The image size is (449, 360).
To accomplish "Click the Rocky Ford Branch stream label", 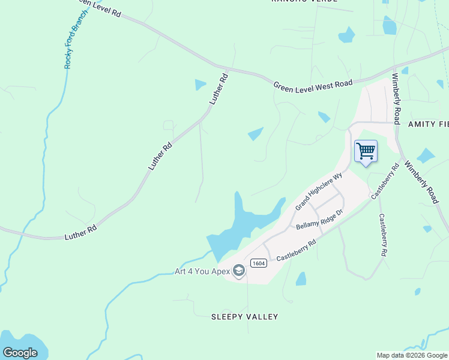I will [76, 39].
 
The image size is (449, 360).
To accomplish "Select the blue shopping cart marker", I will [366, 151].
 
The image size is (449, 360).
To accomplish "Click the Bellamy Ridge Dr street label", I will [319, 220].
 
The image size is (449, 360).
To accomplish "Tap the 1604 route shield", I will [259, 263].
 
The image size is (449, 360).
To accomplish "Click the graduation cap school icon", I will [239, 271].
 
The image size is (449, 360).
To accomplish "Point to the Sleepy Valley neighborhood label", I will [245, 316].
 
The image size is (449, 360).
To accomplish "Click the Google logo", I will [20, 353].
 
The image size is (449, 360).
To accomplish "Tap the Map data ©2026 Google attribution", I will [412, 355].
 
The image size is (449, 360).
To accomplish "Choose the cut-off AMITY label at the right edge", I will [428, 124].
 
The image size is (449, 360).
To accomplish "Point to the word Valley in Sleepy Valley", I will [265, 316].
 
